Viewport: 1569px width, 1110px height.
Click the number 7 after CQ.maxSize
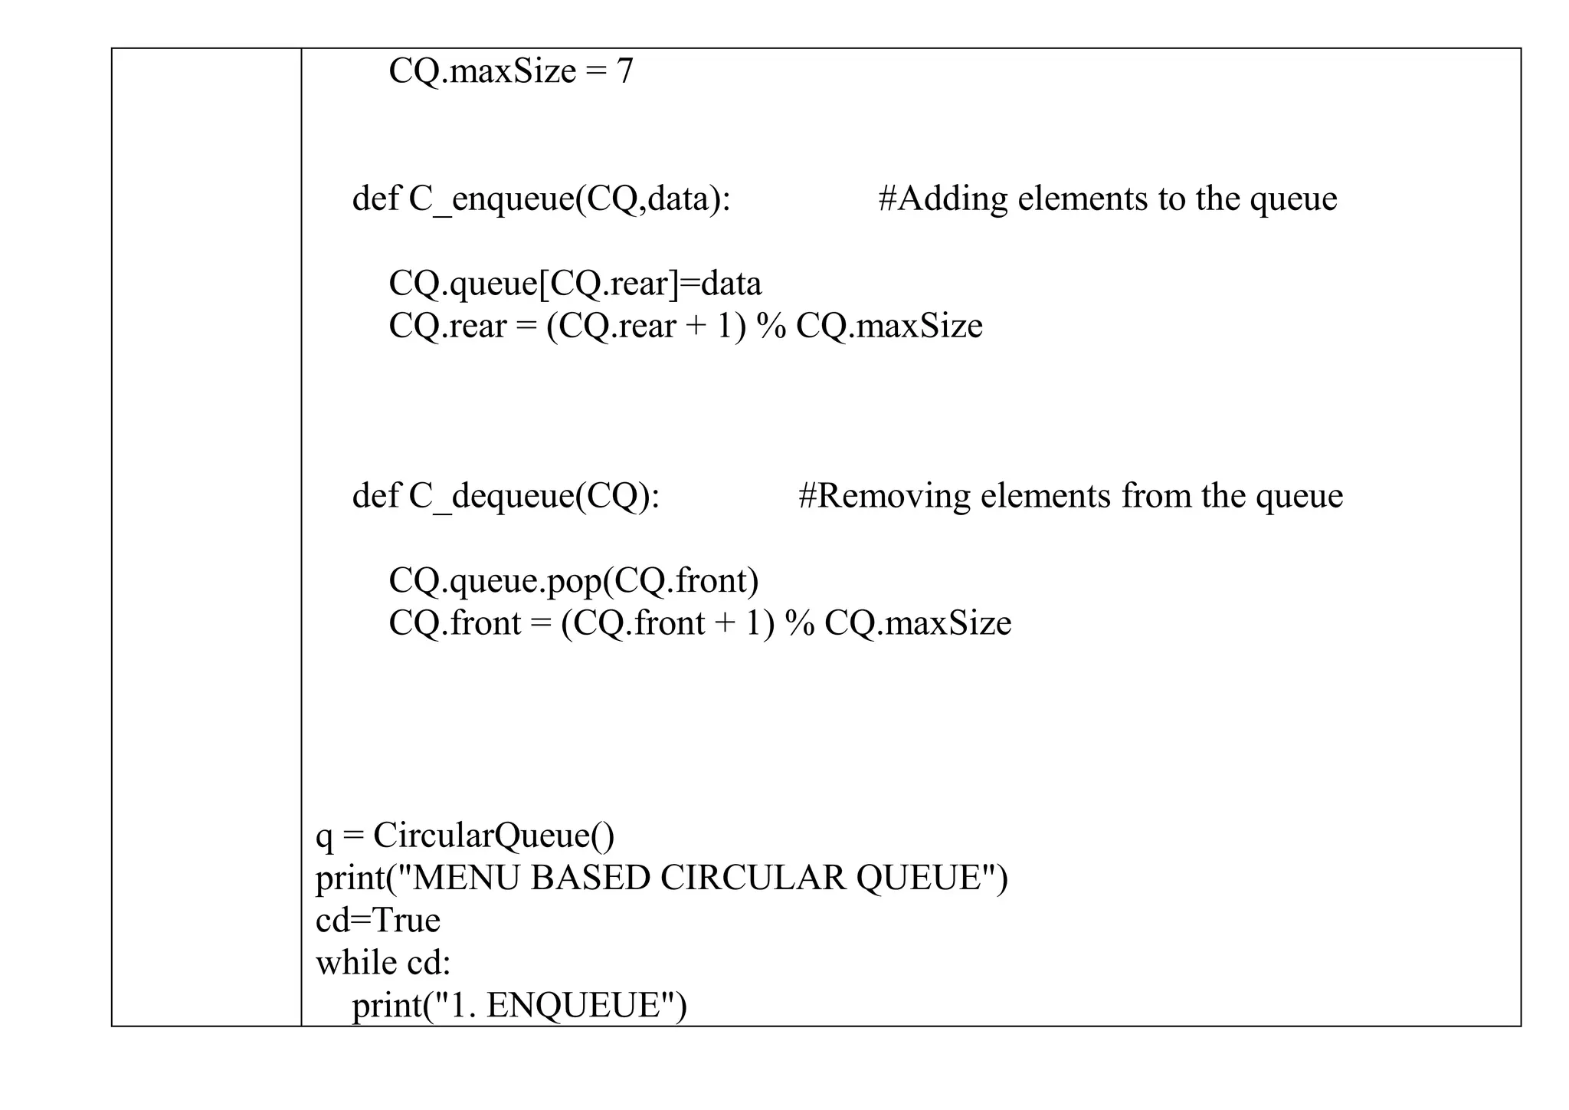pyautogui.click(x=624, y=71)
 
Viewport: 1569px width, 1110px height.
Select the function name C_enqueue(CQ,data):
pyautogui.click(x=569, y=199)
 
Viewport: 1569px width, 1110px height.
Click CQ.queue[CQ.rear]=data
pyautogui.click(x=575, y=284)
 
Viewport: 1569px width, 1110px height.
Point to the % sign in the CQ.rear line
pyautogui.click(x=771, y=326)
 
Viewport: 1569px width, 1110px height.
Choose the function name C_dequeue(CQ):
pyautogui.click(x=534, y=495)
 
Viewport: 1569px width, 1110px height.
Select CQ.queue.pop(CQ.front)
pyautogui.click(x=573, y=580)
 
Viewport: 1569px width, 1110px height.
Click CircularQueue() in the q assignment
pyautogui.click(x=493, y=835)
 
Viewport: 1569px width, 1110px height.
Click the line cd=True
pyautogui.click(x=378, y=920)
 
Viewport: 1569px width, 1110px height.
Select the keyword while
pyautogui.click(x=355, y=962)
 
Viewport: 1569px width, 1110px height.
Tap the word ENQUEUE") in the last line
pyautogui.click(x=586, y=1005)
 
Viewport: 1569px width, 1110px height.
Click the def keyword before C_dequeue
pyautogui.click(x=375, y=495)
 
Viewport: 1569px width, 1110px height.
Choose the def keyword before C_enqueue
pyautogui.click(x=375, y=199)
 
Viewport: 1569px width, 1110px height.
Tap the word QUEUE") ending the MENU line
pyautogui.click(x=932, y=878)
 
